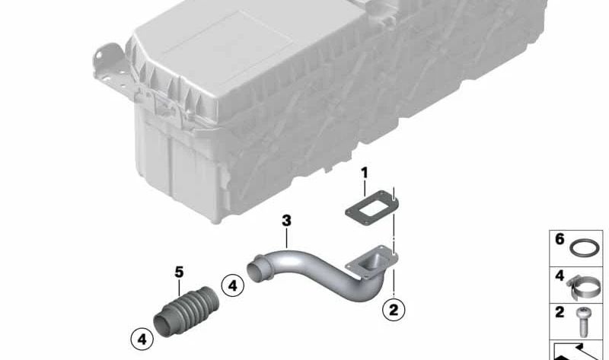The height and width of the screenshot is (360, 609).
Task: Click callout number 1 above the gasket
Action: [364, 174]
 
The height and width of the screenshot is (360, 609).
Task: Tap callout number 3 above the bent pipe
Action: [286, 221]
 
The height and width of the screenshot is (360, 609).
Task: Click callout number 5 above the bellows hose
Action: [179, 271]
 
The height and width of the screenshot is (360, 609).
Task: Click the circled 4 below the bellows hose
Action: [140, 336]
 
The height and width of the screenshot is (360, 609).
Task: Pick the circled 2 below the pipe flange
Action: [393, 309]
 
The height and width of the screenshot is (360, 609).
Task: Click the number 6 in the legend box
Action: [560, 240]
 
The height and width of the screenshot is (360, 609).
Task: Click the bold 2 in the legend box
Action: [560, 313]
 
